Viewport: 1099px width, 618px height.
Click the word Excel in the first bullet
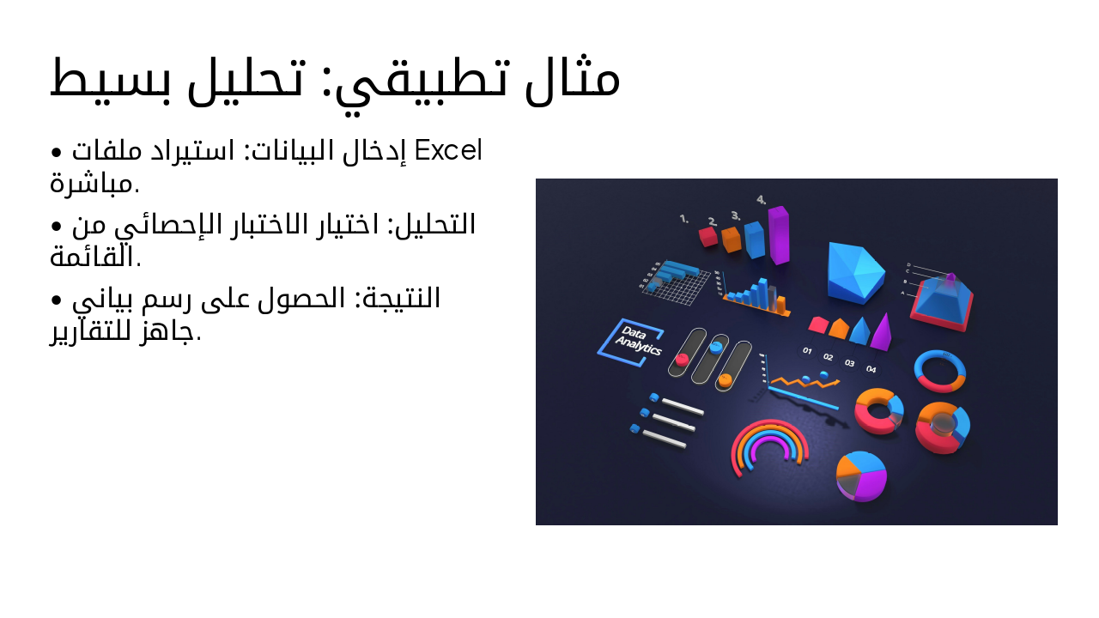coord(448,151)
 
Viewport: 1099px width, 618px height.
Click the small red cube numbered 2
coord(708,236)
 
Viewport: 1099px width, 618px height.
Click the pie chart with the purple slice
coord(861,476)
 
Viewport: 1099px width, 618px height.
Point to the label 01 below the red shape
coord(807,351)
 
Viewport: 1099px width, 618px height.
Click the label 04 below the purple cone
coord(871,369)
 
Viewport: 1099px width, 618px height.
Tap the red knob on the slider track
coord(683,359)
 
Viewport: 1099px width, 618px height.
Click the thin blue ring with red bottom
coord(940,371)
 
